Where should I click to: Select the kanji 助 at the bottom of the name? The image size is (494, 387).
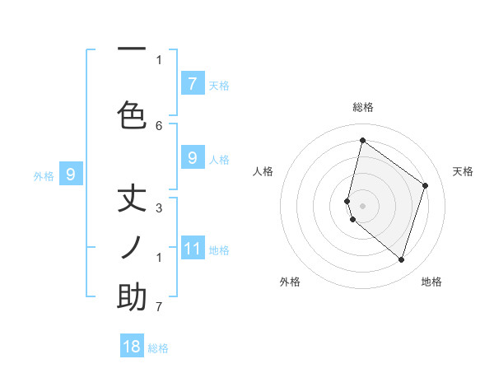tap(132, 296)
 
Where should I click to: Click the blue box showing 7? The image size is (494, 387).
tap(192, 83)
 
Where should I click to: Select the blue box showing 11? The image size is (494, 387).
tap(192, 248)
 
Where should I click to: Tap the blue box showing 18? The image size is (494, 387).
tap(132, 347)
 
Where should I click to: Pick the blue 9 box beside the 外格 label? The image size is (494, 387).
tap(71, 174)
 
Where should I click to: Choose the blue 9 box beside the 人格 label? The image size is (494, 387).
tap(192, 157)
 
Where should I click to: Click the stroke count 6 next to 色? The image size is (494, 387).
tap(159, 125)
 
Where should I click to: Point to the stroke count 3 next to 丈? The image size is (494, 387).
tap(159, 207)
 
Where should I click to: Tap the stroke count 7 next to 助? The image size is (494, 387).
tap(159, 307)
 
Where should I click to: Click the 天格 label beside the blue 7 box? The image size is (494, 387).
tap(219, 85)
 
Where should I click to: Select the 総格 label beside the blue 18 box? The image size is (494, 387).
tap(158, 348)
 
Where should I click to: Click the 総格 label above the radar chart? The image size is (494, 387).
tap(363, 107)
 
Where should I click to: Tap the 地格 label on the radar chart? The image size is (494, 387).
tap(431, 282)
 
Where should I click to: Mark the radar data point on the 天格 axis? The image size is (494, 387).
tap(425, 185)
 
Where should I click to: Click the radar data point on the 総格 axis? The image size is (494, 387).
tap(362, 141)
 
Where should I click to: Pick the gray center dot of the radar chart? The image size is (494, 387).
tap(362, 204)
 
